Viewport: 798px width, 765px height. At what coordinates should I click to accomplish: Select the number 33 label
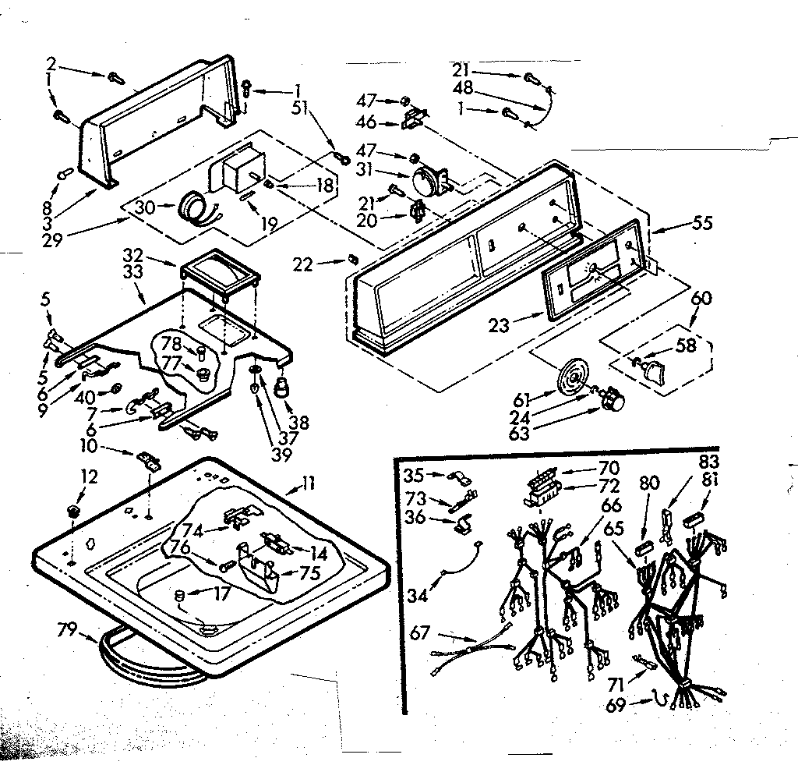point(134,272)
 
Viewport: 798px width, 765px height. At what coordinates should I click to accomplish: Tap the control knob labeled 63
point(616,402)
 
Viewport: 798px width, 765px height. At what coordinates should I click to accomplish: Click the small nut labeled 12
point(72,511)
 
